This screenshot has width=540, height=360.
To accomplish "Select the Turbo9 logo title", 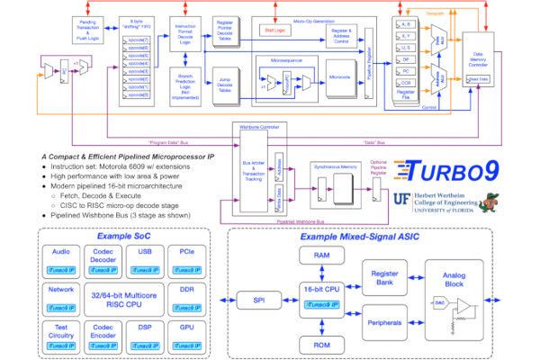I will tap(446, 173).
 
